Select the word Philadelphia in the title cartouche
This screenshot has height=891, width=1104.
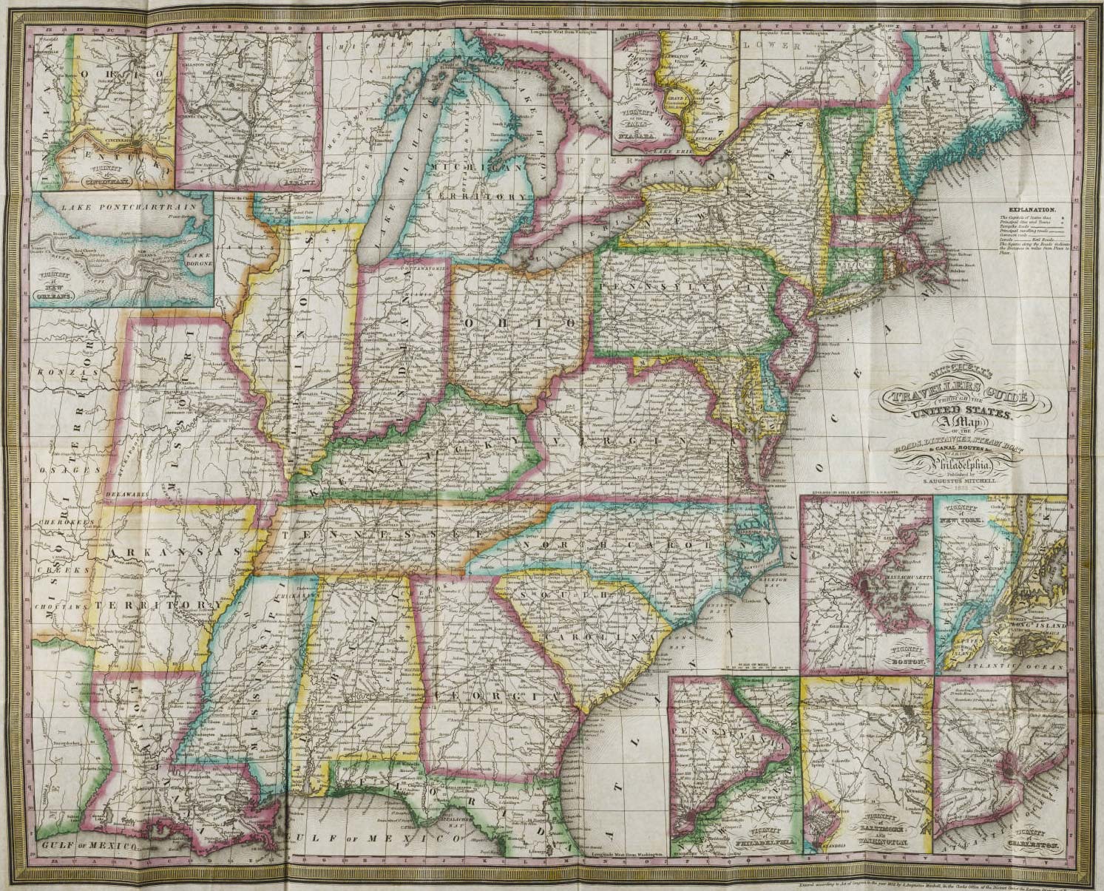958,464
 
